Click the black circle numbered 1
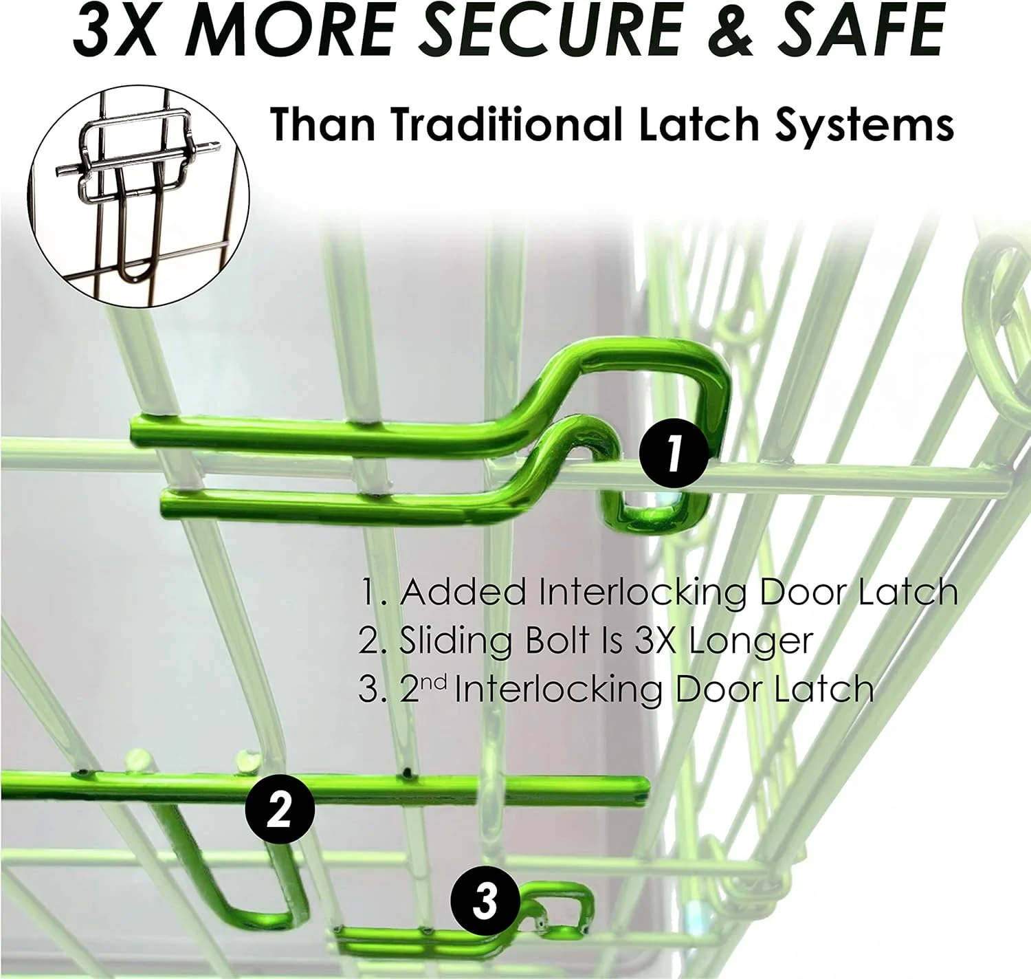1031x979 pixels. tap(674, 453)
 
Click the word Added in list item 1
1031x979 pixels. tap(462, 592)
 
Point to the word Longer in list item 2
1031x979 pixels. tap(751, 641)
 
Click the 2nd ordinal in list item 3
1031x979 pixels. tap(423, 689)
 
